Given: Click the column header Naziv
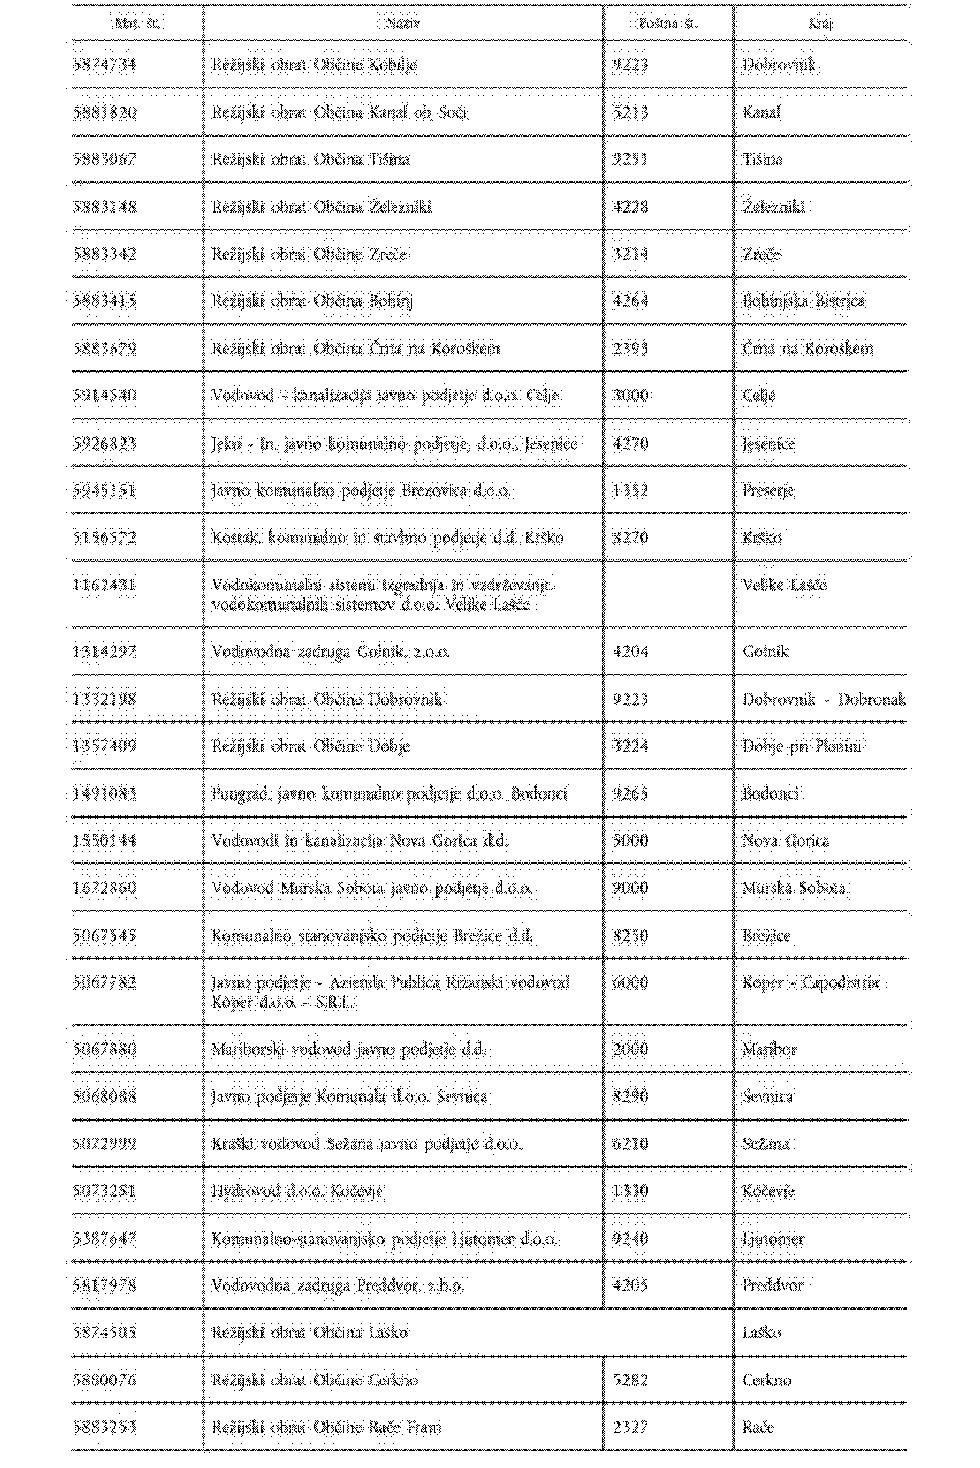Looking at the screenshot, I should (403, 24).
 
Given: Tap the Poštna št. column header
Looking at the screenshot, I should (667, 24).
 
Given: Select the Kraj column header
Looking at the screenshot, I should (820, 24).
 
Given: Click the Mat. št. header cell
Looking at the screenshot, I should (138, 24).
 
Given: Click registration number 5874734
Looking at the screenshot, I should (104, 65).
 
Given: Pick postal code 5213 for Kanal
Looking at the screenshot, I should (630, 112).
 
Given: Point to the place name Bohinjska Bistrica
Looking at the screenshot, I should (803, 301).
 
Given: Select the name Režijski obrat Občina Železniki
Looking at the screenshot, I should (321, 207).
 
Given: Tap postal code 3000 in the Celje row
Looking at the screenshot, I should (630, 396).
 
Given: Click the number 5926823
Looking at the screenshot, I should (104, 444).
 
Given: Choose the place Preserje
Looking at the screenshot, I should (768, 491).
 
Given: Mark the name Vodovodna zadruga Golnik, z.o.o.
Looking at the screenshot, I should (331, 652).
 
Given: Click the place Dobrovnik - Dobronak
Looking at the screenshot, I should (824, 699).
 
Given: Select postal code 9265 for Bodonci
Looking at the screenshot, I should (630, 794).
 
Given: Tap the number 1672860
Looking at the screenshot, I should (104, 888).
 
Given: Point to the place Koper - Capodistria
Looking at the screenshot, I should (810, 983).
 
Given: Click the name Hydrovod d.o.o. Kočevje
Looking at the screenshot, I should (297, 1191).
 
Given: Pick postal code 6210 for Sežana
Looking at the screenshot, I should (630, 1144).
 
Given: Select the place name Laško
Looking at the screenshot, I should (761, 1333).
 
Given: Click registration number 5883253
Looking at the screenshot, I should (104, 1427).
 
